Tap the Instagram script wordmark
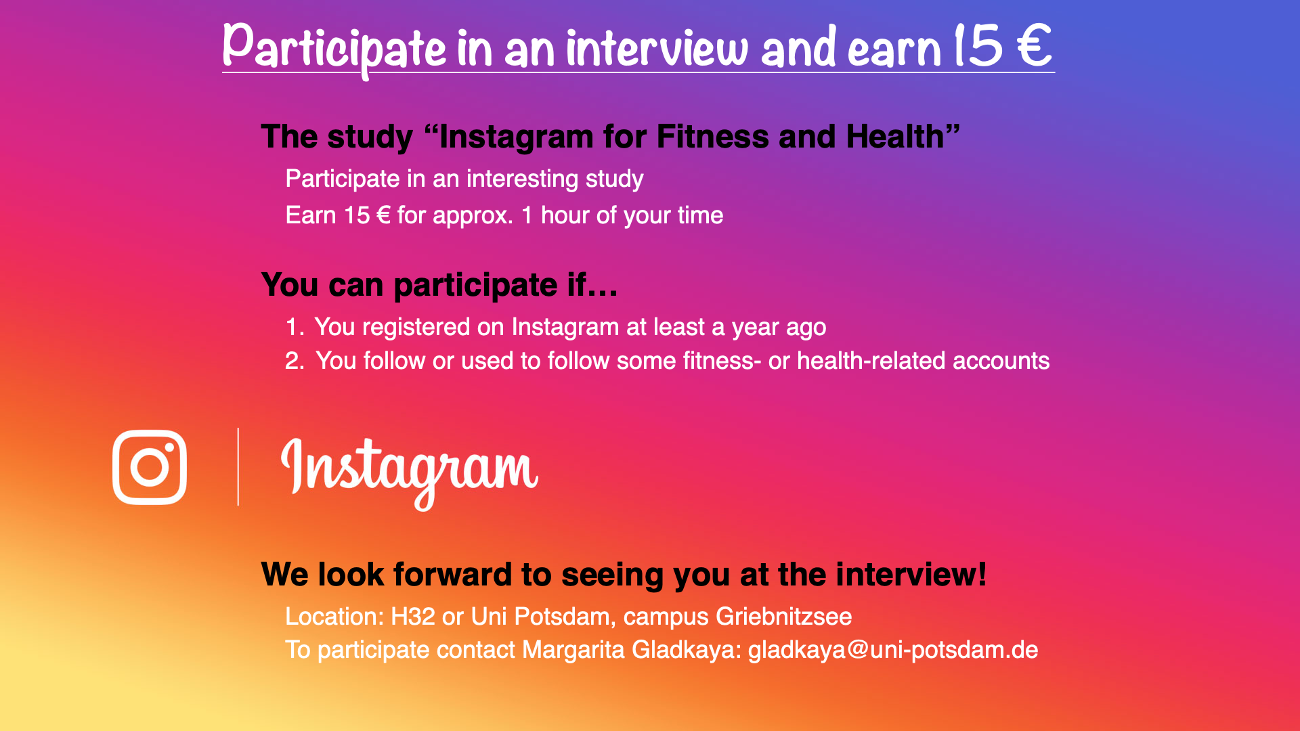[x=409, y=472]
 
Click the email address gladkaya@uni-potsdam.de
[x=892, y=650]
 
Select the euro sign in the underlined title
[x=1034, y=46]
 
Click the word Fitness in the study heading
[x=712, y=137]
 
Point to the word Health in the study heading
[x=895, y=137]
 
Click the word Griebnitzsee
[x=784, y=617]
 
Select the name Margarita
[x=573, y=650]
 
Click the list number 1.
[x=294, y=328]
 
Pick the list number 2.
[x=295, y=361]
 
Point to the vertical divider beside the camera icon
[x=238, y=466]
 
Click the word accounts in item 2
[x=1001, y=361]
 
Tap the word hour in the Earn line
[x=565, y=215]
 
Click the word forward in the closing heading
[x=452, y=574]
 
